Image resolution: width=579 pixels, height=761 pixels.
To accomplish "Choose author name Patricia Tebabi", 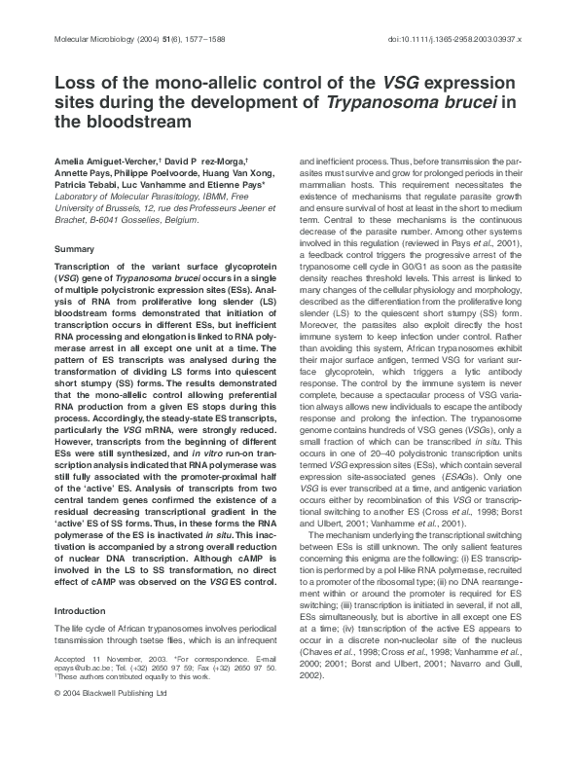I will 87,183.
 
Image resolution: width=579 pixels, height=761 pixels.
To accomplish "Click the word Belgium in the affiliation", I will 176,219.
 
